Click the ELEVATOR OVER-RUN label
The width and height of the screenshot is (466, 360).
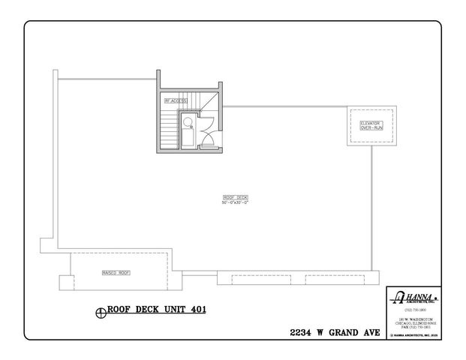[371, 125]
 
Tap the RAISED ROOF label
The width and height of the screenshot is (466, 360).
[116, 273]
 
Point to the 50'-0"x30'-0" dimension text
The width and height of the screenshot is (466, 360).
[235, 203]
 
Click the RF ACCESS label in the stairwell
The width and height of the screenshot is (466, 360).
[176, 100]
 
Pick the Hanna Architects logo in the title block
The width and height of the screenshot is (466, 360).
[412, 298]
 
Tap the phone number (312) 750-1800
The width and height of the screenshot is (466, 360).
[413, 310]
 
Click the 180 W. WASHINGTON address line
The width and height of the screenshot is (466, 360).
[413, 319]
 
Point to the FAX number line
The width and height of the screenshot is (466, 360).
[413, 328]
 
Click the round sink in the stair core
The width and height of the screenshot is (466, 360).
[187, 120]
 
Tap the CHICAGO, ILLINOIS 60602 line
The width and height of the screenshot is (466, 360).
[413, 323]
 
